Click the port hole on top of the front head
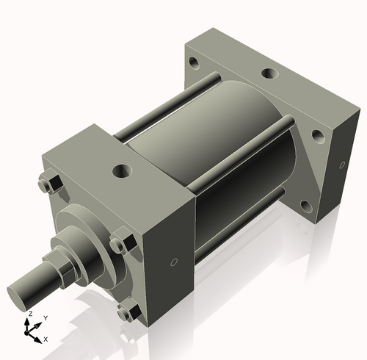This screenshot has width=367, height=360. [120, 171]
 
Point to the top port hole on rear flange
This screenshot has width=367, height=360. [269, 73]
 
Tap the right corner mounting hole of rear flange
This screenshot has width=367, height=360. [317, 135]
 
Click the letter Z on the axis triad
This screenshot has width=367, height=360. [29, 314]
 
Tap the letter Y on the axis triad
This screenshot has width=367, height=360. [46, 317]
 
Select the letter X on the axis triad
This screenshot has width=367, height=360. [46, 339]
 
